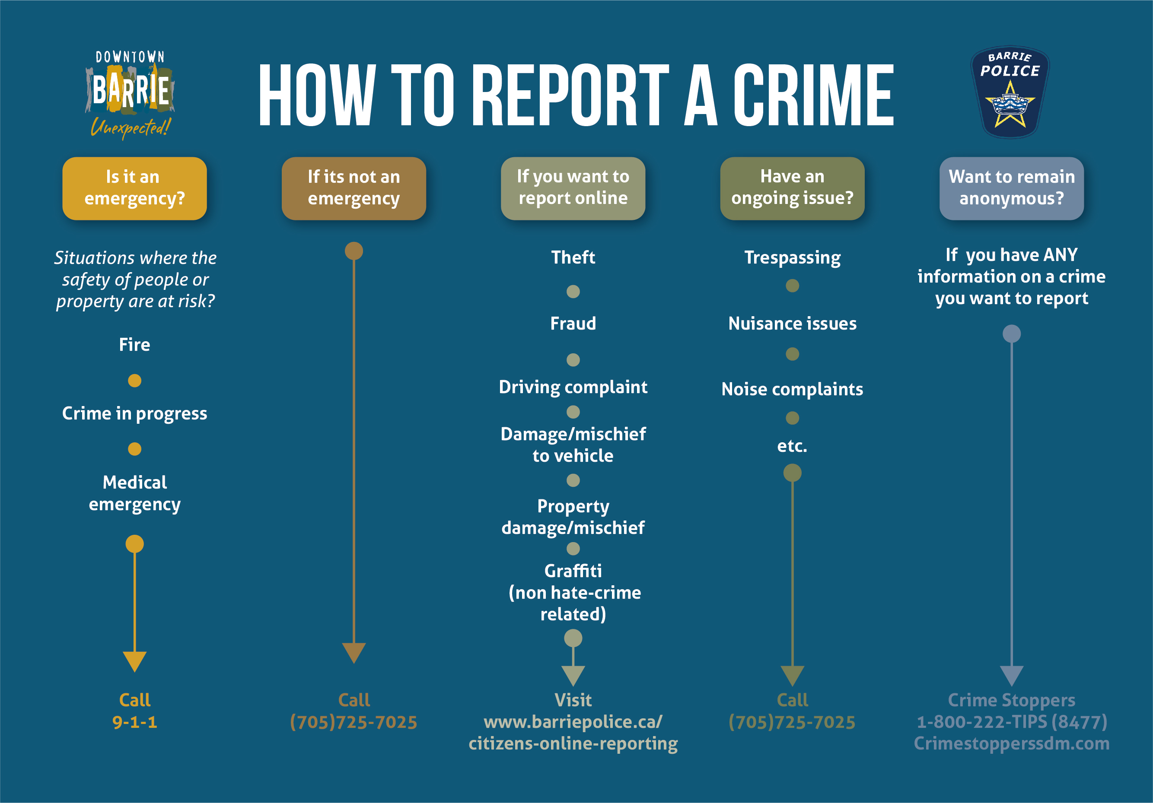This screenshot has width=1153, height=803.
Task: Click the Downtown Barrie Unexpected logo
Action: [x=130, y=94]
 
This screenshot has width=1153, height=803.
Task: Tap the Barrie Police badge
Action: [x=1010, y=92]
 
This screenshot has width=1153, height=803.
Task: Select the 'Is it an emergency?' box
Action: [x=134, y=188]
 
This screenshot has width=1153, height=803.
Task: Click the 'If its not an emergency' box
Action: [x=354, y=188]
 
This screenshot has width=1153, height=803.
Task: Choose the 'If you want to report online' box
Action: [x=573, y=188]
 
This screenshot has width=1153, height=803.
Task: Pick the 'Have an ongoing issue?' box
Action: [x=792, y=188]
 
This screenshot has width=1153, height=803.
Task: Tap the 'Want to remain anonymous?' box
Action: [x=1011, y=188]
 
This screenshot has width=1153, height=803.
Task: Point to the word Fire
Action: [x=134, y=345]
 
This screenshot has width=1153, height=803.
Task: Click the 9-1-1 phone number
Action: [x=134, y=722]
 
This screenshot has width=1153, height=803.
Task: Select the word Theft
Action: [x=573, y=257]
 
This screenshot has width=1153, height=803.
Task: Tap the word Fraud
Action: [x=573, y=324]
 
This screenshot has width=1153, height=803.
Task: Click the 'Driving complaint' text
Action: [x=573, y=387]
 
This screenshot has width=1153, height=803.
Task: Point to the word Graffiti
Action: [x=573, y=571]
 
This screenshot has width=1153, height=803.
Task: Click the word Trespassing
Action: [x=793, y=258]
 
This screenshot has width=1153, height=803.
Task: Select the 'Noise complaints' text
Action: [x=793, y=390]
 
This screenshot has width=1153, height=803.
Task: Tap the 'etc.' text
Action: [x=793, y=446]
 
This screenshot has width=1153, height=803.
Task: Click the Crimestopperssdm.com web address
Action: [x=1011, y=743]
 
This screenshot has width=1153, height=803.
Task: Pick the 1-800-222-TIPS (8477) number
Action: [x=1011, y=722]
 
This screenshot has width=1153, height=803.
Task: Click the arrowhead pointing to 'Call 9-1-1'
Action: [x=134, y=661]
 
